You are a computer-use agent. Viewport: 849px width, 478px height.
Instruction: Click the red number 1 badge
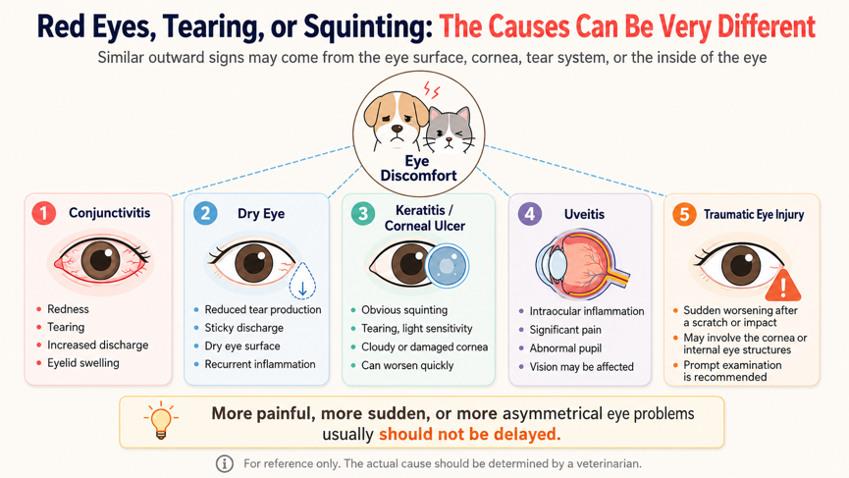pyautogui.click(x=44, y=213)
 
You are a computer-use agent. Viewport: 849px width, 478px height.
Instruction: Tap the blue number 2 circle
pyautogui.click(x=205, y=213)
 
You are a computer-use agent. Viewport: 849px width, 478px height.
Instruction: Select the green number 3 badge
pyautogui.click(x=363, y=214)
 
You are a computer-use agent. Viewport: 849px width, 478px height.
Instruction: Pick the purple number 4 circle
pyautogui.click(x=530, y=214)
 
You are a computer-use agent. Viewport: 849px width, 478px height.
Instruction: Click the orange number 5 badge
pyautogui.click(x=684, y=214)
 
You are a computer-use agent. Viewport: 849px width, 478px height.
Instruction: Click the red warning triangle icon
pyautogui.click(x=783, y=286)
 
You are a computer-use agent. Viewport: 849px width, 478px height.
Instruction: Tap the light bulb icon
pyautogui.click(x=161, y=420)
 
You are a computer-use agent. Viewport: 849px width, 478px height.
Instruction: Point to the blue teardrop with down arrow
pyautogui.click(x=302, y=281)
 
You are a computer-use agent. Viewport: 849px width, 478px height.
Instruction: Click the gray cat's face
pyautogui.click(x=449, y=131)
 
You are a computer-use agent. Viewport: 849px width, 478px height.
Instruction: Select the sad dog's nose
pyautogui.click(x=397, y=130)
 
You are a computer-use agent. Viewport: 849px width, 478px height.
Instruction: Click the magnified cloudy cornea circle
pyautogui.click(x=447, y=265)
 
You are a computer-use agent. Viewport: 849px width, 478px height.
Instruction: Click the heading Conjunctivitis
pyautogui.click(x=109, y=213)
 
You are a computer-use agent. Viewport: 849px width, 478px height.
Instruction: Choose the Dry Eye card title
pyautogui.click(x=261, y=214)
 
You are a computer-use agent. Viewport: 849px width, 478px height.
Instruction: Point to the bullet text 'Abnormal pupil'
pyautogui.click(x=565, y=348)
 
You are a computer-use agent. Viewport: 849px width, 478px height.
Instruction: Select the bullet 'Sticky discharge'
pyautogui.click(x=243, y=328)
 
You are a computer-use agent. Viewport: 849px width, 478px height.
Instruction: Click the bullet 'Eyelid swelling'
pyautogui.click(x=82, y=363)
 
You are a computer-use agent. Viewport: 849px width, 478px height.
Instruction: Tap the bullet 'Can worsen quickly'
pyautogui.click(x=407, y=365)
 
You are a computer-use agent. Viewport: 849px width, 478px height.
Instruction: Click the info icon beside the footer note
pyautogui.click(x=225, y=463)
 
